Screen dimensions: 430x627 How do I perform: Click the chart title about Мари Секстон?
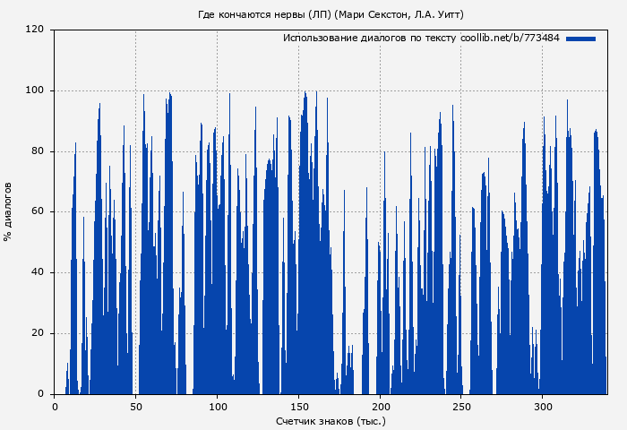tap(331, 14)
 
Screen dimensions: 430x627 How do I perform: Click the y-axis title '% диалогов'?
tap(9, 211)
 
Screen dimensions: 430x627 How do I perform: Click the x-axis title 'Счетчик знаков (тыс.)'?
tap(331, 420)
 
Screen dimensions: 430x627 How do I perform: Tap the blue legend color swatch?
tap(580, 39)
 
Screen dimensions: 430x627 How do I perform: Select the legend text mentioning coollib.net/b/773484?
tap(421, 39)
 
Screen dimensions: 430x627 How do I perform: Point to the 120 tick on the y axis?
tap(35, 30)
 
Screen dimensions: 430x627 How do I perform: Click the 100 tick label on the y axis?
tap(35, 90)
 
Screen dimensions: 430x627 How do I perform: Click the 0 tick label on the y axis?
tap(40, 394)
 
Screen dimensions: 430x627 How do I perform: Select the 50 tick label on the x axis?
tap(136, 407)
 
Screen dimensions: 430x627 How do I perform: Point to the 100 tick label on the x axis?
tap(218, 407)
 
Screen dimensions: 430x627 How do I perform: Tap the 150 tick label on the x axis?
tap(298, 407)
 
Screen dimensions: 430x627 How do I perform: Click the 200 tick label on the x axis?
tap(380, 407)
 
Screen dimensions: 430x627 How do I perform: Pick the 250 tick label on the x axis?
tap(461, 407)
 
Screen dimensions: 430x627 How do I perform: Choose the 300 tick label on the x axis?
tap(543, 407)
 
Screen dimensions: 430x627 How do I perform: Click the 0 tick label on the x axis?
tap(55, 407)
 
